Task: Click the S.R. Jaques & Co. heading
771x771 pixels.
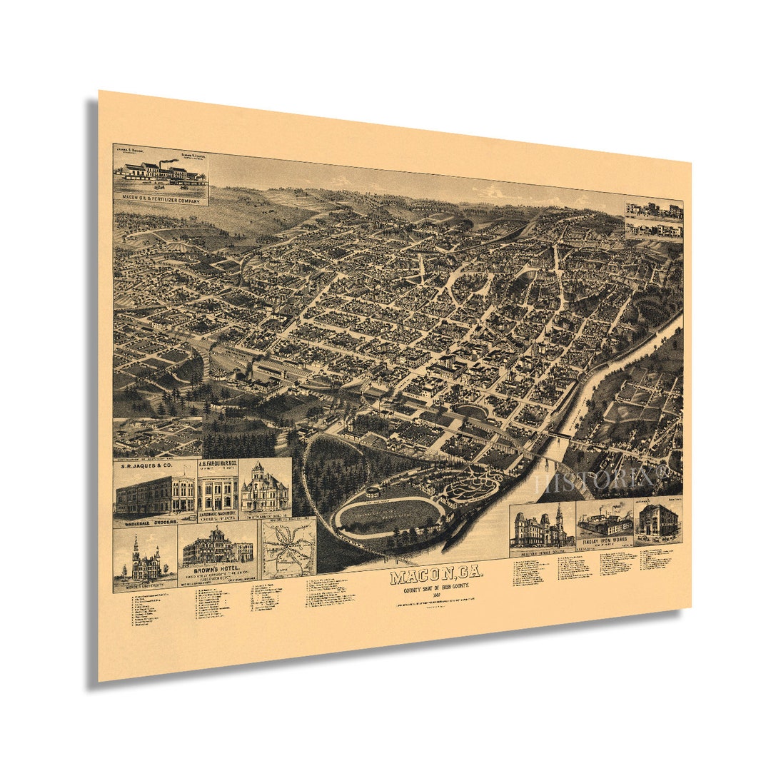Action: click(148, 466)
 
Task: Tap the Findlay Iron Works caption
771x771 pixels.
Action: click(604, 540)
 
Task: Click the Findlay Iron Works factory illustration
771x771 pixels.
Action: click(604, 523)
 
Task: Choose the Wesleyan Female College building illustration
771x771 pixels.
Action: click(541, 529)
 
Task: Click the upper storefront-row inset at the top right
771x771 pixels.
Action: click(653, 210)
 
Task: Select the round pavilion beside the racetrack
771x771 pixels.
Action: click(373, 492)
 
